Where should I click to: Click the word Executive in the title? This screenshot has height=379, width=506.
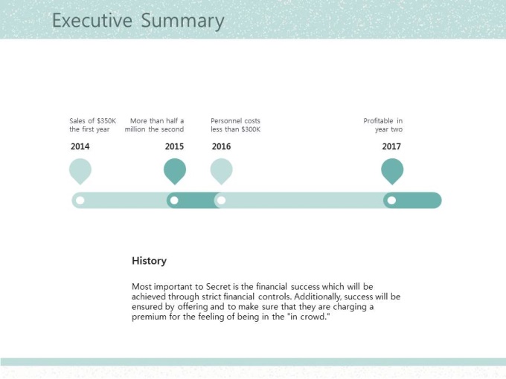(x=92, y=20)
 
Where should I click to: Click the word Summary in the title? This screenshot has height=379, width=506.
(x=182, y=22)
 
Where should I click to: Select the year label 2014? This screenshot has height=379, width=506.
(x=80, y=146)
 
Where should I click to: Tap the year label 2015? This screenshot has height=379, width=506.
(x=174, y=146)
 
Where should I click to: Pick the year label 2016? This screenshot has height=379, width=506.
(x=222, y=146)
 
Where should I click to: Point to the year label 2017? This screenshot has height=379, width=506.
(x=391, y=146)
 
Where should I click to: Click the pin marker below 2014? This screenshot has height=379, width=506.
(x=80, y=171)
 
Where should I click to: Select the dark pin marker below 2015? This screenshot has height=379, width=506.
(x=175, y=171)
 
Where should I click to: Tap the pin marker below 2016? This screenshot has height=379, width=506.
(x=222, y=171)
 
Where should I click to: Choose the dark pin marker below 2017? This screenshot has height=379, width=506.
(x=392, y=171)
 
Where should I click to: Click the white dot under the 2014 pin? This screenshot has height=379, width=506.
(x=80, y=201)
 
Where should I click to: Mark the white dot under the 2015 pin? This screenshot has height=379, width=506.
(x=174, y=201)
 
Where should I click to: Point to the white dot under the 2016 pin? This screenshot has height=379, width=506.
(x=222, y=201)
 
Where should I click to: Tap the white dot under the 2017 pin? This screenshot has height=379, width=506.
(x=391, y=201)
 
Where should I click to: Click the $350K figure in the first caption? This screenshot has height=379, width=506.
(x=106, y=121)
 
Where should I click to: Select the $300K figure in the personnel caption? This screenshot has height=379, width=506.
(x=251, y=129)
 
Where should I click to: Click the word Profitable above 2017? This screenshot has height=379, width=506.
(x=378, y=121)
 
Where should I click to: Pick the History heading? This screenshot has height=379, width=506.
(x=149, y=261)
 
